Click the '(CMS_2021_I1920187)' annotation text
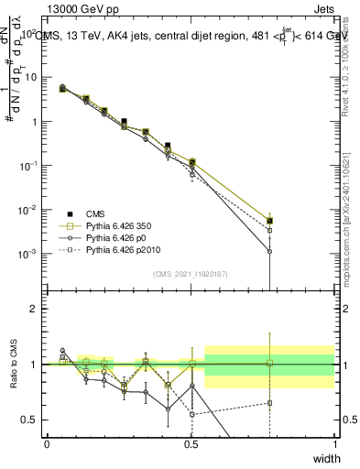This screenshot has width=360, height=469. [190, 273]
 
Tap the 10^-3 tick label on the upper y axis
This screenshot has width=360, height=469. [27, 254]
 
